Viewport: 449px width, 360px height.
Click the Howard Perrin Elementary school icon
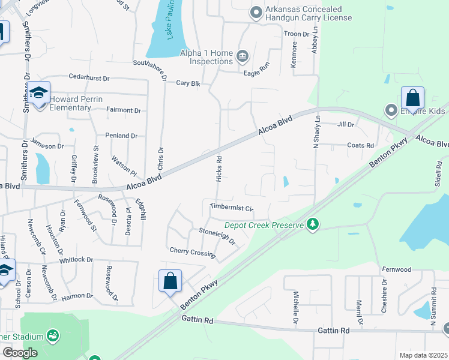coord(39,94)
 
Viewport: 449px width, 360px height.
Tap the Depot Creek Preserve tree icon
coord(312,224)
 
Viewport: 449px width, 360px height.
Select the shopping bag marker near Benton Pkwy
coord(170,281)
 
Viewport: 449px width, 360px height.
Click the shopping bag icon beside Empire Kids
coord(412,98)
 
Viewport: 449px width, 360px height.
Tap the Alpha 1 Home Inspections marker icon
coord(243,57)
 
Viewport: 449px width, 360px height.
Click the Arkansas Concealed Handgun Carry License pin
coord(256,12)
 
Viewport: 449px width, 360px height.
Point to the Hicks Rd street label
coord(219,167)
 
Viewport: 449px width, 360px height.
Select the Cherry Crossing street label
coord(192,252)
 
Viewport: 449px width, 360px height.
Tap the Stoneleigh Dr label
coord(217,235)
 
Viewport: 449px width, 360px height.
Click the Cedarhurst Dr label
coord(89,78)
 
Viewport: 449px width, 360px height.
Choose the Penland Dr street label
coord(121,136)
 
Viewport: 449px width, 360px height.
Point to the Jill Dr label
coord(346,125)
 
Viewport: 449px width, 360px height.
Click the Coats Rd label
coord(361,145)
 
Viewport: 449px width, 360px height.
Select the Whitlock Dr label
coord(77,260)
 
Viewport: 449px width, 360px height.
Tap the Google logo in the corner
coord(20,353)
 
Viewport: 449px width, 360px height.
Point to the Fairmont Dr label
coord(123,110)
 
